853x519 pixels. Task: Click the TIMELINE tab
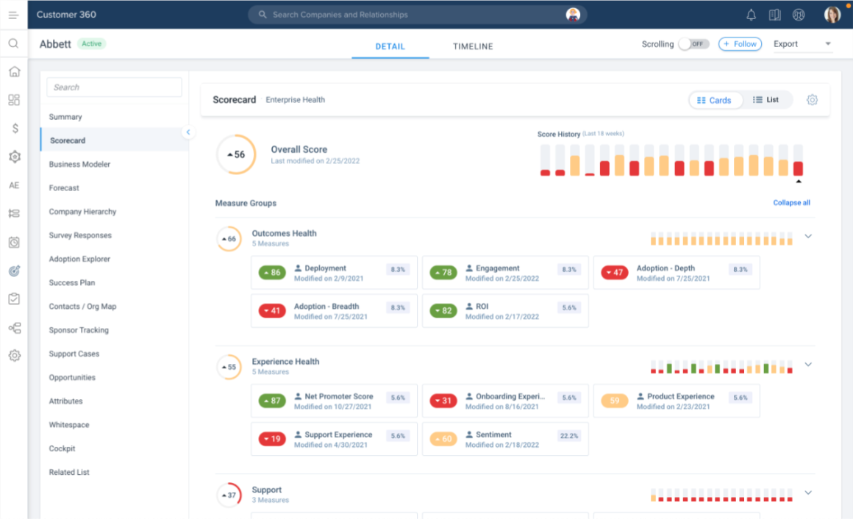(x=473, y=46)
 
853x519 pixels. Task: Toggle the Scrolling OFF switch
(x=693, y=44)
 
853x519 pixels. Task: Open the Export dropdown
(x=802, y=44)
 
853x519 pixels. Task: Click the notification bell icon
(x=751, y=15)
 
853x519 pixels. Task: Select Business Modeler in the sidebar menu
(x=79, y=164)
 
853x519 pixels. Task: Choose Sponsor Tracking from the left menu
(x=79, y=330)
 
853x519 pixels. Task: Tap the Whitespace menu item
(x=69, y=425)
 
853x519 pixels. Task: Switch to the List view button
(x=766, y=100)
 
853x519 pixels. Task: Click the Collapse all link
(x=791, y=202)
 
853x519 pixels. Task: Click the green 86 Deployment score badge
(x=272, y=273)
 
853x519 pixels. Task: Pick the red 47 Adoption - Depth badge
(x=615, y=273)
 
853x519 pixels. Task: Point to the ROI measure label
(x=482, y=307)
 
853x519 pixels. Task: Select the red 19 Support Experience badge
(x=272, y=439)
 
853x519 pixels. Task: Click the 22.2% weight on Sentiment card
(x=569, y=436)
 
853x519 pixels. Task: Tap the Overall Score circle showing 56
(x=237, y=154)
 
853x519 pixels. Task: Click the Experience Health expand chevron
(x=808, y=365)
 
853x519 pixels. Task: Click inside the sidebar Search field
(x=114, y=87)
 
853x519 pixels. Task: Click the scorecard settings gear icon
(x=812, y=100)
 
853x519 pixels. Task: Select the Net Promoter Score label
(x=339, y=396)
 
